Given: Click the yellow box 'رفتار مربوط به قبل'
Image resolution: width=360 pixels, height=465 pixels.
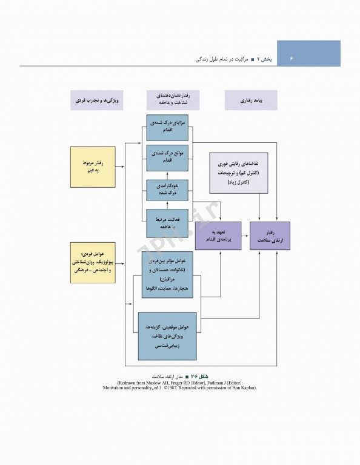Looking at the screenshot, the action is (x=93, y=167).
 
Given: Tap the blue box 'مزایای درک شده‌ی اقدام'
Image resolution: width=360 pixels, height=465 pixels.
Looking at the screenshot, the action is (x=167, y=128).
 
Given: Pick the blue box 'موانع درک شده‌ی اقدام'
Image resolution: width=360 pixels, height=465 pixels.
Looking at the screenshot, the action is (x=167, y=156).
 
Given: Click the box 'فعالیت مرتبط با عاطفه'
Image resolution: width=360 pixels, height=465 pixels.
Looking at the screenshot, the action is (x=167, y=222).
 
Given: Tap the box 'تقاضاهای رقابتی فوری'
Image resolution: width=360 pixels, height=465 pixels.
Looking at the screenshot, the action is (x=239, y=173).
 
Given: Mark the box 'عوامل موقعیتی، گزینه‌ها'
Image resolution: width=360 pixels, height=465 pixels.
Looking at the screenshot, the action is (x=167, y=336).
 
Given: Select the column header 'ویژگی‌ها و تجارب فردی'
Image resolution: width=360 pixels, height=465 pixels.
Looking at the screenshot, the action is (x=96, y=100).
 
